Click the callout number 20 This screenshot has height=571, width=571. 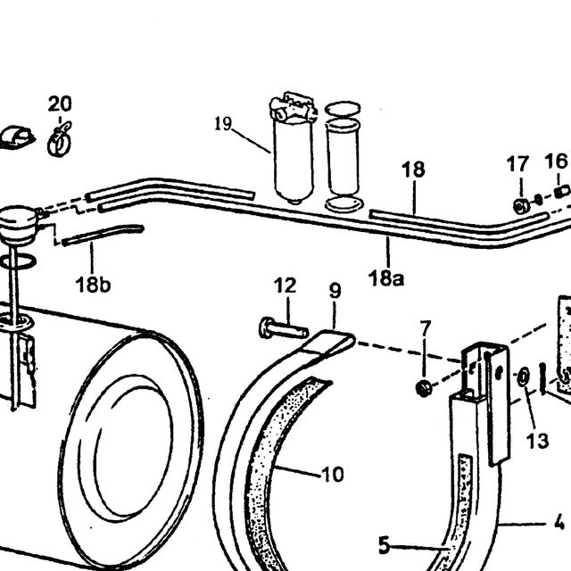tap(60, 104)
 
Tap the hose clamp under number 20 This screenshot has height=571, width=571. tap(59, 140)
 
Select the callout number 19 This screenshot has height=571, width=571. tap(223, 124)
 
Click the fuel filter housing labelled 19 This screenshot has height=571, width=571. tap(294, 147)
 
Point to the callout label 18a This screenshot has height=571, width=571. tap(386, 278)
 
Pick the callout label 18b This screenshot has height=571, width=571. tap(93, 285)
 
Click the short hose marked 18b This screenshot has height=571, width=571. tap(103, 236)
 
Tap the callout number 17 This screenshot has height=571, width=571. tap(517, 164)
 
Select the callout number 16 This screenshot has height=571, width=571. tap(556, 161)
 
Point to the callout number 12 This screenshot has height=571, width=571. tap(285, 285)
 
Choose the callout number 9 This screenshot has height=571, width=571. tap(335, 291)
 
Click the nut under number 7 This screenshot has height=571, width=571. tap(424, 388)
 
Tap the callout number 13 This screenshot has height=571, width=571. tap(537, 441)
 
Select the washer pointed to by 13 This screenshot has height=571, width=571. tap(524, 377)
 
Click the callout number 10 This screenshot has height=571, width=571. tap(333, 474)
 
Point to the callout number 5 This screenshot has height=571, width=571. tap(385, 546)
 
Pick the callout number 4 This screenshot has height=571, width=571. tap(559, 523)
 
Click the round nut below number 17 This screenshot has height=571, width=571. tap(521, 206)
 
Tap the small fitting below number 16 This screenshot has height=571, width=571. tap(562, 192)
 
